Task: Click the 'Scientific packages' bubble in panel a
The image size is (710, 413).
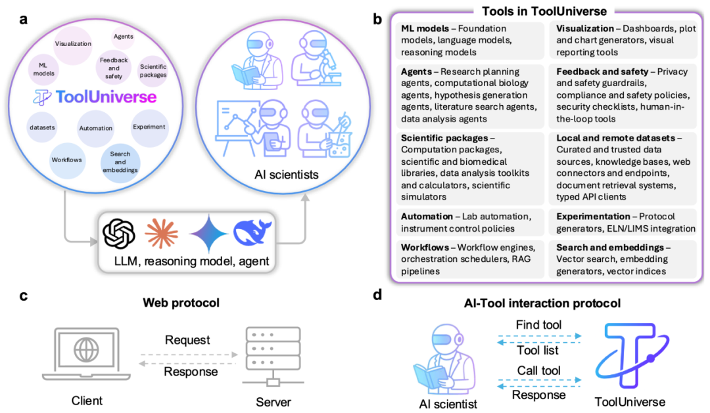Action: click(153, 70)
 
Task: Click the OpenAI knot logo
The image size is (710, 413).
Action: click(119, 234)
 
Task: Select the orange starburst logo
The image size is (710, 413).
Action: click(162, 234)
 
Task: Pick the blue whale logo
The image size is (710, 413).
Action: click(252, 234)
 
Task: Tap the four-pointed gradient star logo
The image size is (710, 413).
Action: click(208, 234)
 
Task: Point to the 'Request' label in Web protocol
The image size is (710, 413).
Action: click(188, 340)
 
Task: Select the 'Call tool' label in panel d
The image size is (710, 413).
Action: click(538, 370)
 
